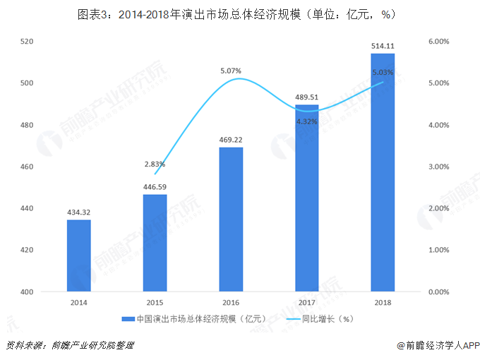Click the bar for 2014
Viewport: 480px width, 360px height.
79,256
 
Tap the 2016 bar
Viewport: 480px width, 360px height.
231,220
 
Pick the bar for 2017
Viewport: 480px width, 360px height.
307,198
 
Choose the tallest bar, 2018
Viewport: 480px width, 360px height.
383,172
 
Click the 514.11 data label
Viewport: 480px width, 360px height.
383,46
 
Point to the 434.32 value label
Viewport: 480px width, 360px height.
79,212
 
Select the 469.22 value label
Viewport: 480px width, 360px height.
231,140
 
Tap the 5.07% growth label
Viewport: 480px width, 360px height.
231,71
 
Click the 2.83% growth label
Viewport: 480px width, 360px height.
155,164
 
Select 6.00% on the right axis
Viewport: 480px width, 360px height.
438,42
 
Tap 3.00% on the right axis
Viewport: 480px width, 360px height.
438,167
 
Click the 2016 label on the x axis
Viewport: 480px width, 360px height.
231,302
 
